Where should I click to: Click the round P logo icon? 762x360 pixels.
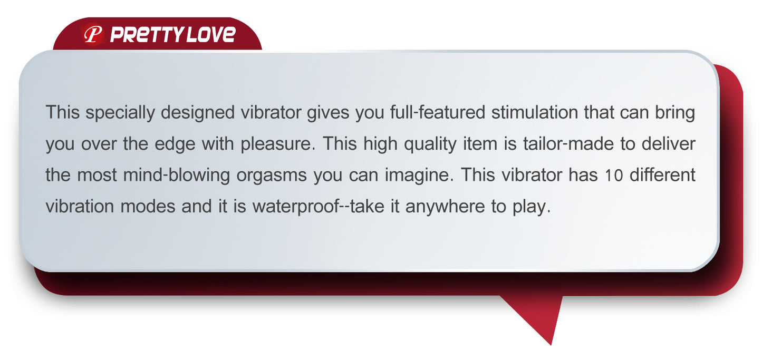pyautogui.click(x=93, y=35)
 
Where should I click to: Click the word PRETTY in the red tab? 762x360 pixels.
pyautogui.click(x=146, y=35)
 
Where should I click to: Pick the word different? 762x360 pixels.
pyautogui.click(x=662, y=174)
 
